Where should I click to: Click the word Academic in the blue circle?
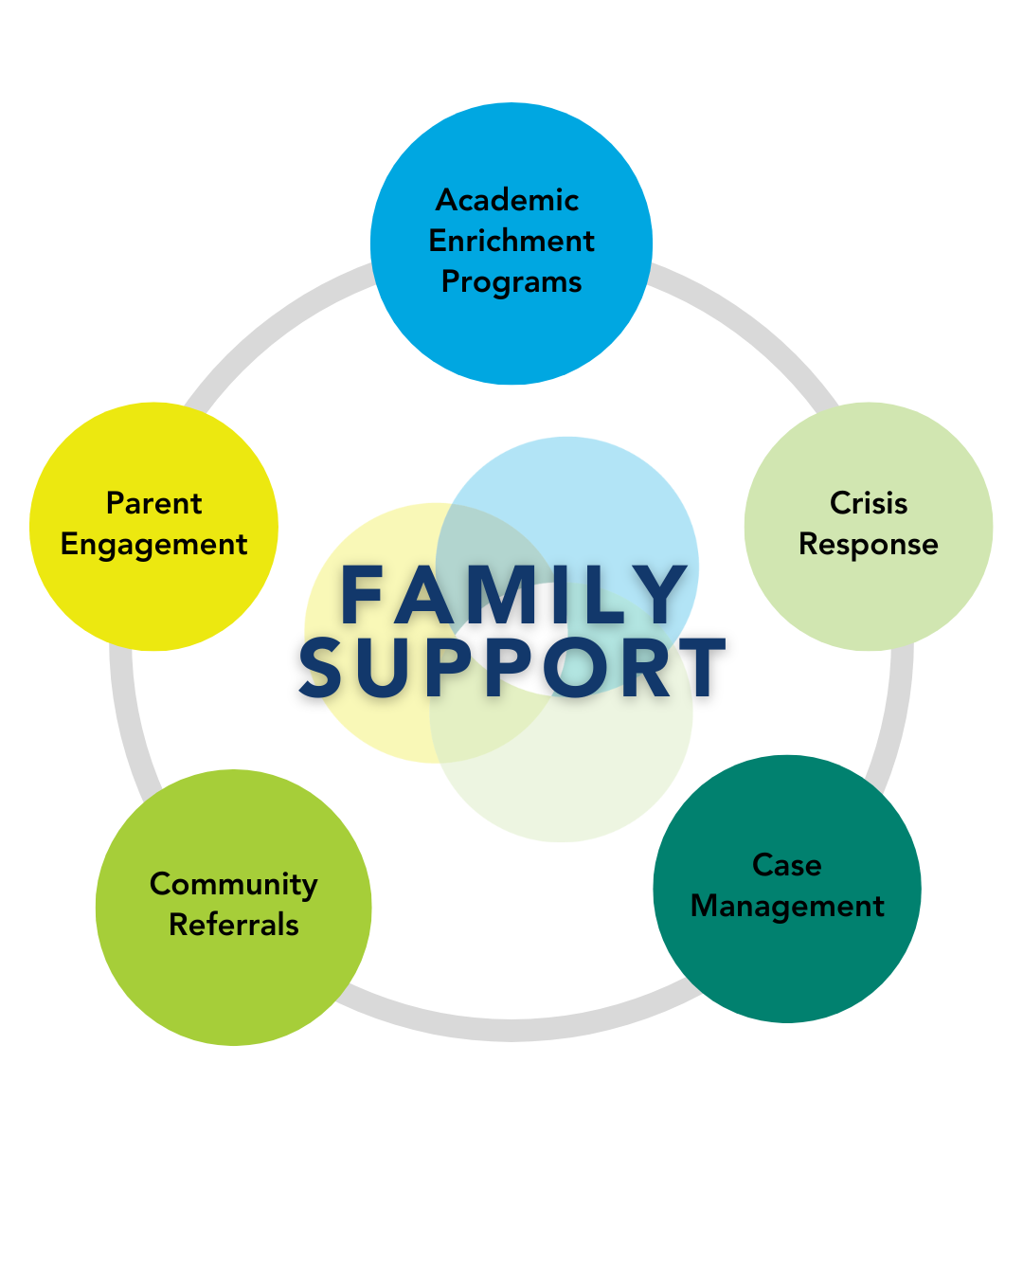507,200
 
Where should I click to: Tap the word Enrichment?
511,241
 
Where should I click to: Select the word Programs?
511,282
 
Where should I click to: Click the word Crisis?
869,503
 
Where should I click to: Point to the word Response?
869,545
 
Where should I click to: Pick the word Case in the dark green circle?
787,865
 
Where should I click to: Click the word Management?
787,907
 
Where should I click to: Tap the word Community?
234,884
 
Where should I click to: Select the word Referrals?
234,925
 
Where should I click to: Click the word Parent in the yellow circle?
153,503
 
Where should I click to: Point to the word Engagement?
153,546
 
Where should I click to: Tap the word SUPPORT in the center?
513,668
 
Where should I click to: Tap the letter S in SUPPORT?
321,668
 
